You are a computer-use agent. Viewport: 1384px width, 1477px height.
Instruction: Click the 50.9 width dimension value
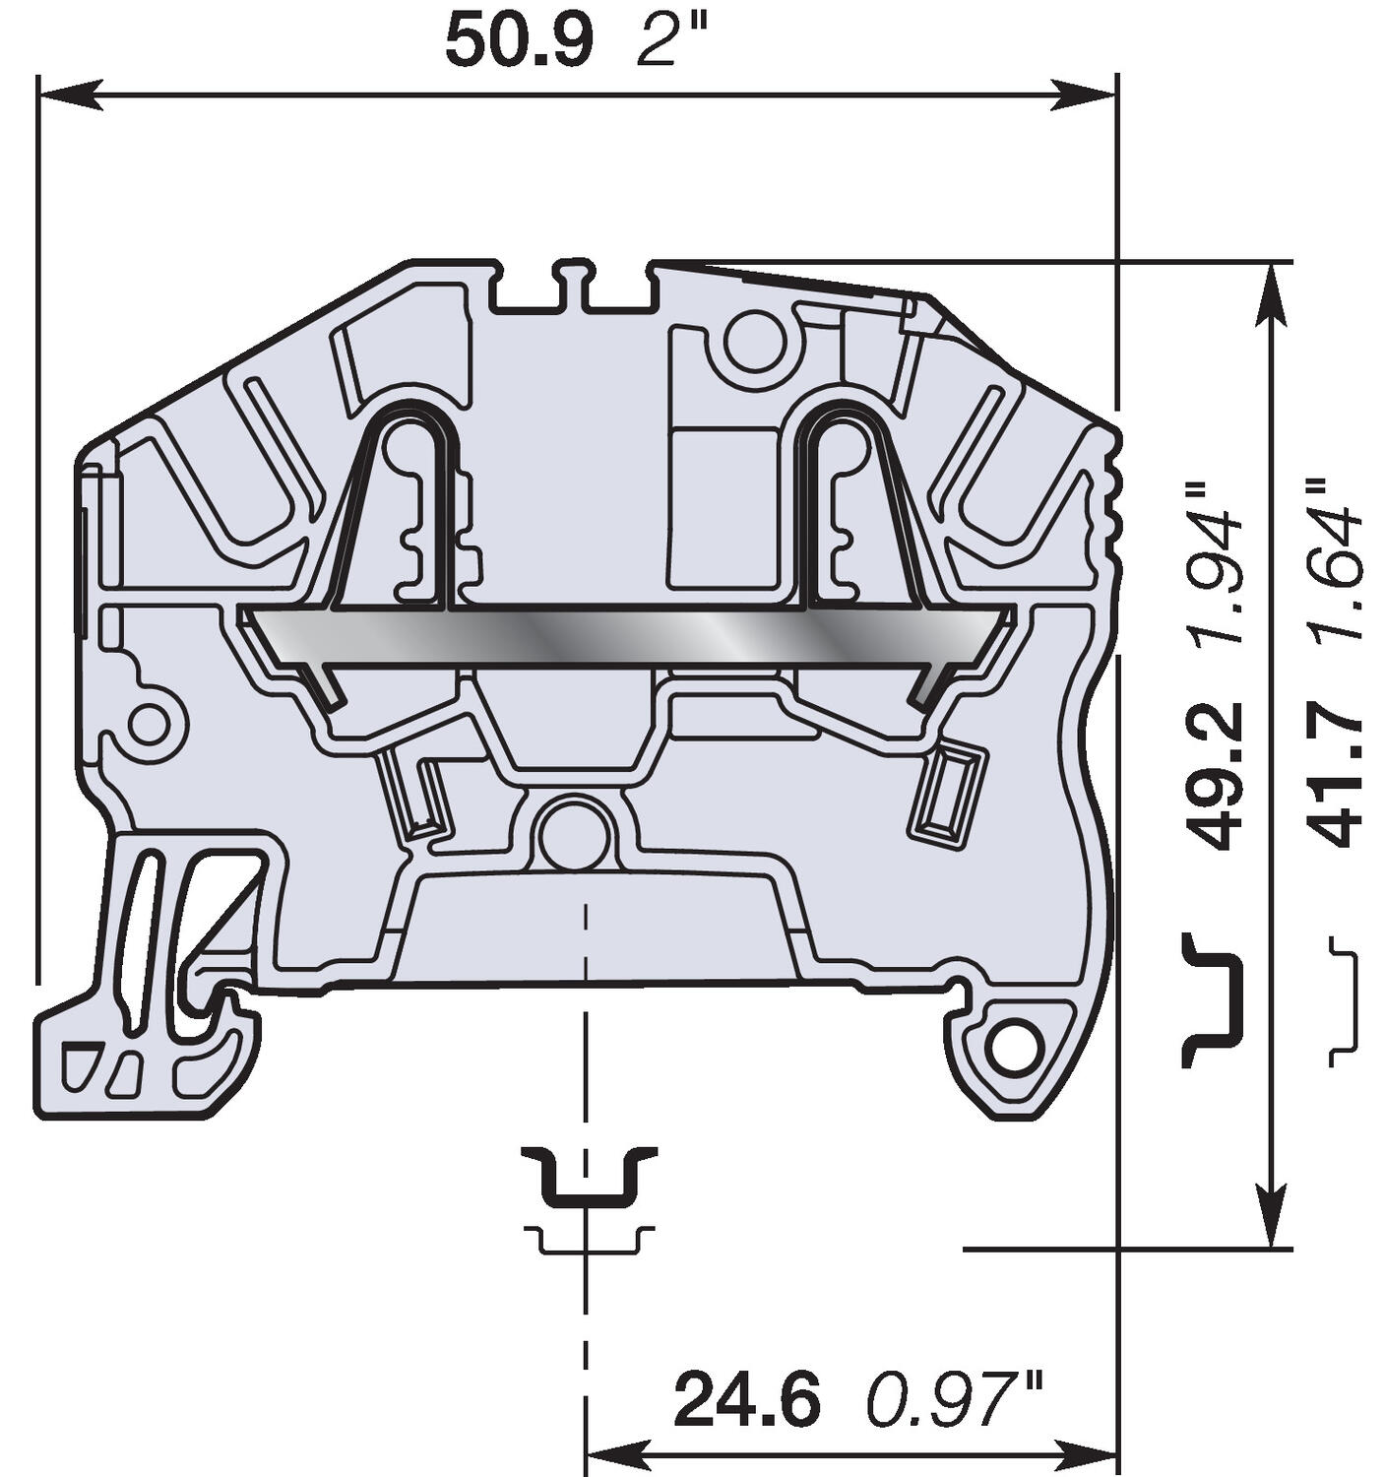(519, 42)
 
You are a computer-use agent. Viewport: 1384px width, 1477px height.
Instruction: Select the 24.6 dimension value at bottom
(746, 1401)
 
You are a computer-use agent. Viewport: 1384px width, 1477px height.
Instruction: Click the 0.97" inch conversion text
(953, 1401)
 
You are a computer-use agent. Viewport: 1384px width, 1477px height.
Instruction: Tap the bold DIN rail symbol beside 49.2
(1210, 999)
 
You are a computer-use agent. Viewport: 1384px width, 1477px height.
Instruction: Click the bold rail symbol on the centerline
(588, 1176)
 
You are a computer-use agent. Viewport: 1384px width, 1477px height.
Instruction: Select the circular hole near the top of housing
(755, 340)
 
